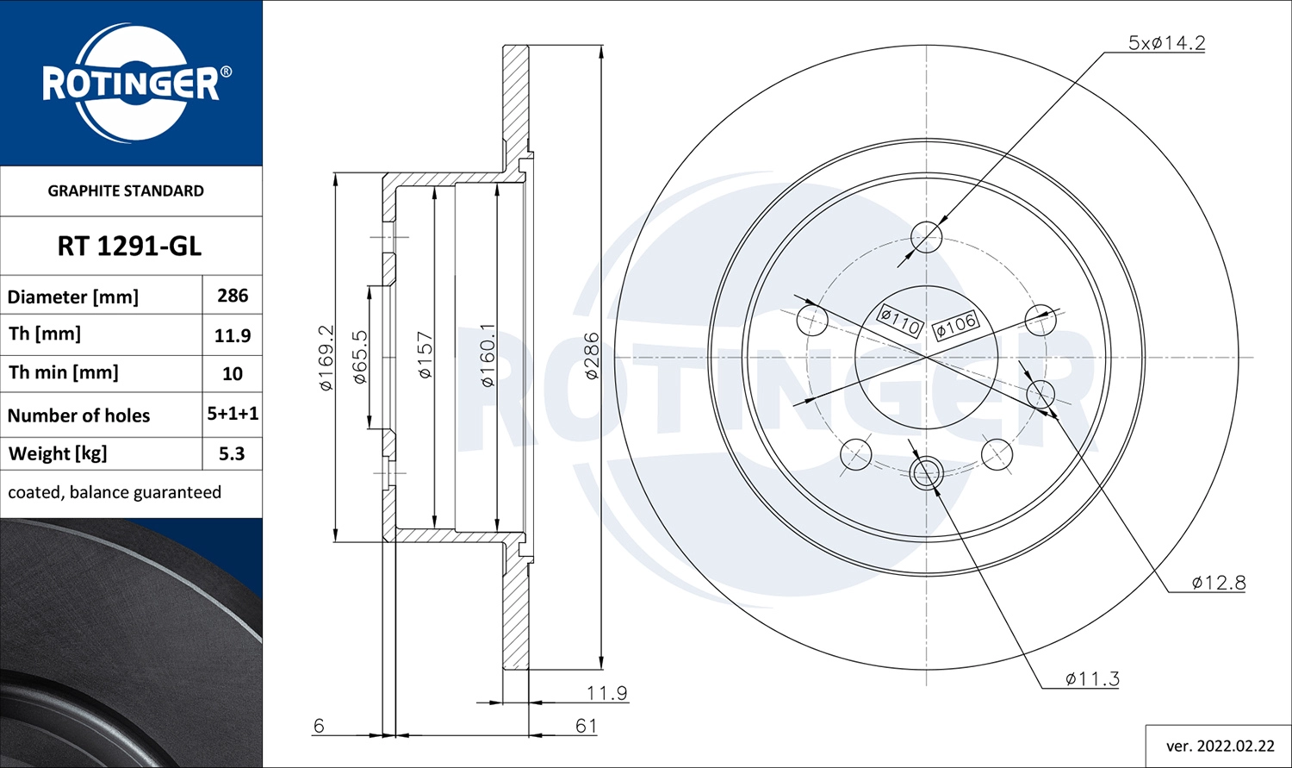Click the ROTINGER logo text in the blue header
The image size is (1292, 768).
tap(130, 84)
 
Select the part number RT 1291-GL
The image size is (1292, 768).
tap(129, 247)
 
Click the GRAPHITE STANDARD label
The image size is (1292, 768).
tap(126, 191)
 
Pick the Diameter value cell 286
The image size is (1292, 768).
tap(233, 296)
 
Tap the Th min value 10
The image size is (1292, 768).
tap(233, 374)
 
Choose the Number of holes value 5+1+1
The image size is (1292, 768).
tap(233, 414)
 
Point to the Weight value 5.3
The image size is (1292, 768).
tap(233, 453)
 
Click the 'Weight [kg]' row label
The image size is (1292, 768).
tap(58, 453)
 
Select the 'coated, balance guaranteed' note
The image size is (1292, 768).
tap(115, 492)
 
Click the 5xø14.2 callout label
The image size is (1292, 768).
tap(1166, 43)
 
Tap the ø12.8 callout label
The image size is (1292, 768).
tap(1218, 583)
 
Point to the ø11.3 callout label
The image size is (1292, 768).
tap(1092, 679)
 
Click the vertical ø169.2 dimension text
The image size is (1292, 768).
tap(326, 358)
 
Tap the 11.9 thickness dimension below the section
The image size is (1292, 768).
tap(606, 693)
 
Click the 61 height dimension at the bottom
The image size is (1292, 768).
tap(586, 726)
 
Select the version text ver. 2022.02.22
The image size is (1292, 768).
tap(1220, 746)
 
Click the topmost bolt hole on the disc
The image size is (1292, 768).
tap(927, 236)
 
